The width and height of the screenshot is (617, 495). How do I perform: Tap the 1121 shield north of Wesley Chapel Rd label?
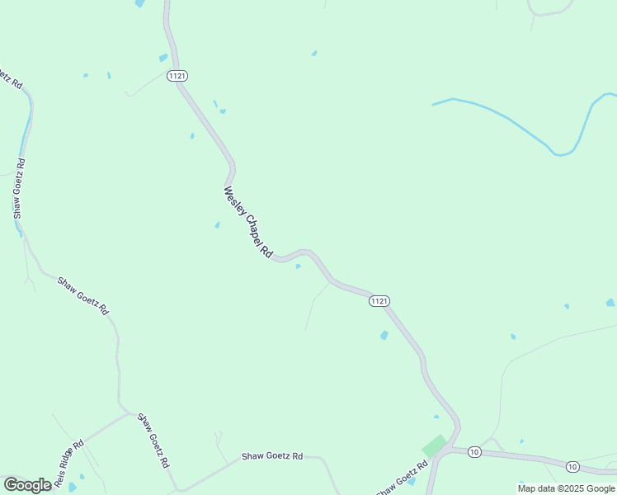pyautogui.click(x=177, y=76)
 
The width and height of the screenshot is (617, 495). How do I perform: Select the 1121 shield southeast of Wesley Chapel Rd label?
pyautogui.click(x=379, y=301)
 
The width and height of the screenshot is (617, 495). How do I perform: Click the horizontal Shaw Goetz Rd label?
pyautogui.click(x=272, y=456)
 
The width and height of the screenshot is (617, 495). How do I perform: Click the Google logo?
pyautogui.click(x=27, y=484)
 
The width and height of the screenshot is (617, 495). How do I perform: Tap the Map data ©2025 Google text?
pyautogui.click(x=565, y=488)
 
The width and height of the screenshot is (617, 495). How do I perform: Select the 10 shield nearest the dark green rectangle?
pyautogui.click(x=474, y=451)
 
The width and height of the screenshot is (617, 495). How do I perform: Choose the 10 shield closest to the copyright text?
pyautogui.click(x=572, y=467)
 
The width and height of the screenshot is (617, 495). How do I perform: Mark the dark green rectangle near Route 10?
pyautogui.click(x=434, y=445)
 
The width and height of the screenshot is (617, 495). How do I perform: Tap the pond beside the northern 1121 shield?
pyautogui.click(x=163, y=58)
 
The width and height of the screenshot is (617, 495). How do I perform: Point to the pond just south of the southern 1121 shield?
pyautogui.click(x=384, y=335)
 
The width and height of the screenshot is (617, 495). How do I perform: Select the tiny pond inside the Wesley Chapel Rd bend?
pyautogui.click(x=298, y=266)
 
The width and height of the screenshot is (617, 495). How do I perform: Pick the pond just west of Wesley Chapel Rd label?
pyautogui.click(x=217, y=224)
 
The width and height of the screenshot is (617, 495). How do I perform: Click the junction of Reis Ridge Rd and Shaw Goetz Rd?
pyautogui.click(x=129, y=412)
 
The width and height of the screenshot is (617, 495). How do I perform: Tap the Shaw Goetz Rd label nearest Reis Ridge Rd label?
pyautogui.click(x=153, y=440)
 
